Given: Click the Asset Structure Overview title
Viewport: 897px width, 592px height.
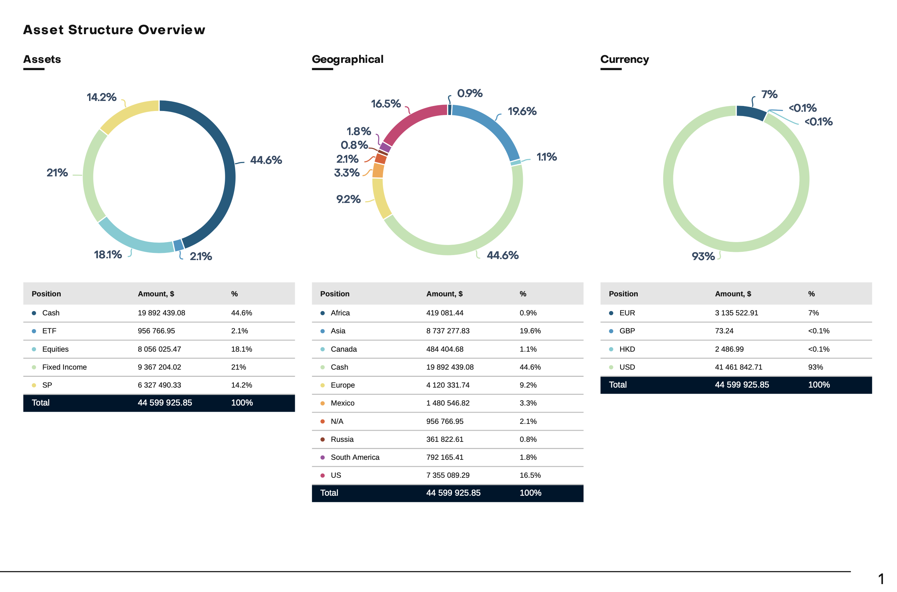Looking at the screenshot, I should click(114, 30).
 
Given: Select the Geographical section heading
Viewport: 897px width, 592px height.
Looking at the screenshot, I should click(347, 59).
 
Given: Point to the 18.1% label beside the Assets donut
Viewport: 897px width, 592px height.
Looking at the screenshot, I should click(108, 255).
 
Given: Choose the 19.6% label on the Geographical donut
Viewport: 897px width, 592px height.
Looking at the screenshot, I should click(522, 111).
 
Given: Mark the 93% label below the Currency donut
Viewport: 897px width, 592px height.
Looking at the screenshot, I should click(703, 256).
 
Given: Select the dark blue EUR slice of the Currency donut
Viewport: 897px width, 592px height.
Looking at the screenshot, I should click(751, 112).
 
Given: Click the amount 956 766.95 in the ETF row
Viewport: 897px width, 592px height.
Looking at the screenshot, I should click(156, 331).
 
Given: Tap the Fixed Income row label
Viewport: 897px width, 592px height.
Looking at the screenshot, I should click(65, 367).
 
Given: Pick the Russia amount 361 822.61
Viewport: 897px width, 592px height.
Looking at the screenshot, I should click(445, 439).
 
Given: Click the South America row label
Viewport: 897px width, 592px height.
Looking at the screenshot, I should click(355, 458).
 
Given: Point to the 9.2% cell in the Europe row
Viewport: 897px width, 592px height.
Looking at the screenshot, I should click(528, 385).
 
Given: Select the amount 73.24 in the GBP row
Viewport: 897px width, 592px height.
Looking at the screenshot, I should click(724, 331).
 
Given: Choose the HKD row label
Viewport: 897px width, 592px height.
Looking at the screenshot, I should click(627, 349).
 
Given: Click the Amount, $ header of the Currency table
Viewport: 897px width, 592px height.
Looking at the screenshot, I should click(733, 294).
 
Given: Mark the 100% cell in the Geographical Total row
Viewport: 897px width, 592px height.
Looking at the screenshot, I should click(530, 493).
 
